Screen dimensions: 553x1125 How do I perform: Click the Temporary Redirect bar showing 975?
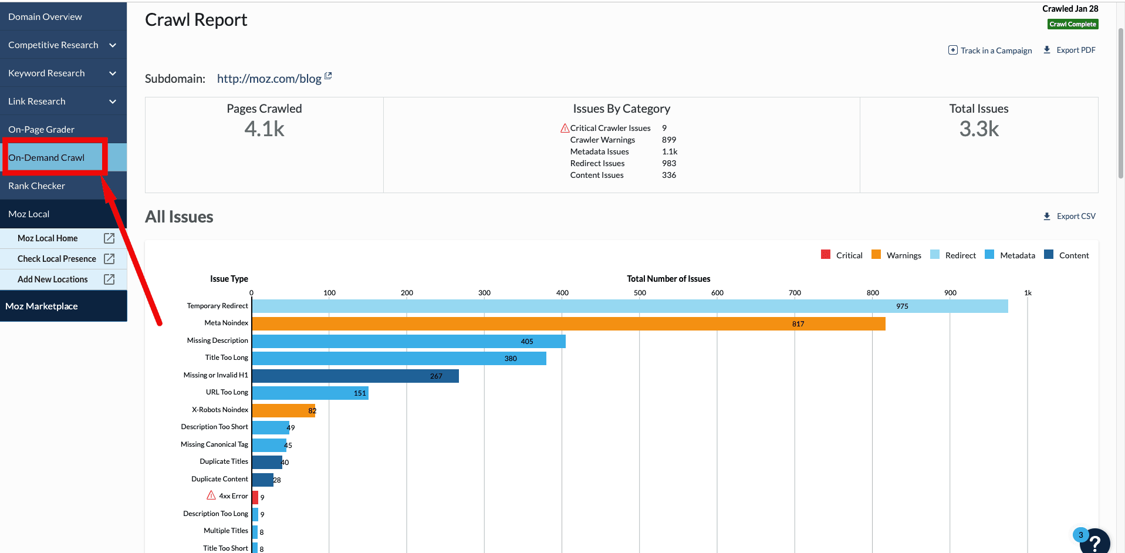coord(630,306)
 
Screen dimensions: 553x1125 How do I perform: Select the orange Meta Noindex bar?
coord(568,323)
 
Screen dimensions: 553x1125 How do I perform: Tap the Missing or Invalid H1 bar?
coord(355,376)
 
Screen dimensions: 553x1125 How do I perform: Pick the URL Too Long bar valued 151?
coord(310,393)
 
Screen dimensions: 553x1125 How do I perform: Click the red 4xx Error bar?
coord(255,497)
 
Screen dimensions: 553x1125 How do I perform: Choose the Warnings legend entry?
coord(897,255)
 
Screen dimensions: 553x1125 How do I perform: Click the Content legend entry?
coord(1067,255)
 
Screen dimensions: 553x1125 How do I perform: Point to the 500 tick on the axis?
coord(640,293)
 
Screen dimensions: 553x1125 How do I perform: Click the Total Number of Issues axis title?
coord(668,279)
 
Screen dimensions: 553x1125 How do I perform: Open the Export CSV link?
coord(1069,216)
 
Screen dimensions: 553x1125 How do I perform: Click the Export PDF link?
coord(1069,50)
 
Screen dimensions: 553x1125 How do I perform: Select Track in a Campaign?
coord(990,50)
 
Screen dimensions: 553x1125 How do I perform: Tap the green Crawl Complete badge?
coord(1073,24)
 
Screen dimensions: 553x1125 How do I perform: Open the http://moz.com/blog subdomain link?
coord(269,79)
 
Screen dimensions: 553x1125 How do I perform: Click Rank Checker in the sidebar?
coord(36,186)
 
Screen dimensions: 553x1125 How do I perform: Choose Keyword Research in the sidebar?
coord(46,73)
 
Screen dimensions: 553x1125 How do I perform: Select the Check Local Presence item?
coord(57,259)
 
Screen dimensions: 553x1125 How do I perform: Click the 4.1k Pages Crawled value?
coord(264,129)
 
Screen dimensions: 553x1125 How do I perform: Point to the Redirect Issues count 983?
coord(669,163)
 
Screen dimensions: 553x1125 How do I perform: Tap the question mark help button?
coord(1094,542)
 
